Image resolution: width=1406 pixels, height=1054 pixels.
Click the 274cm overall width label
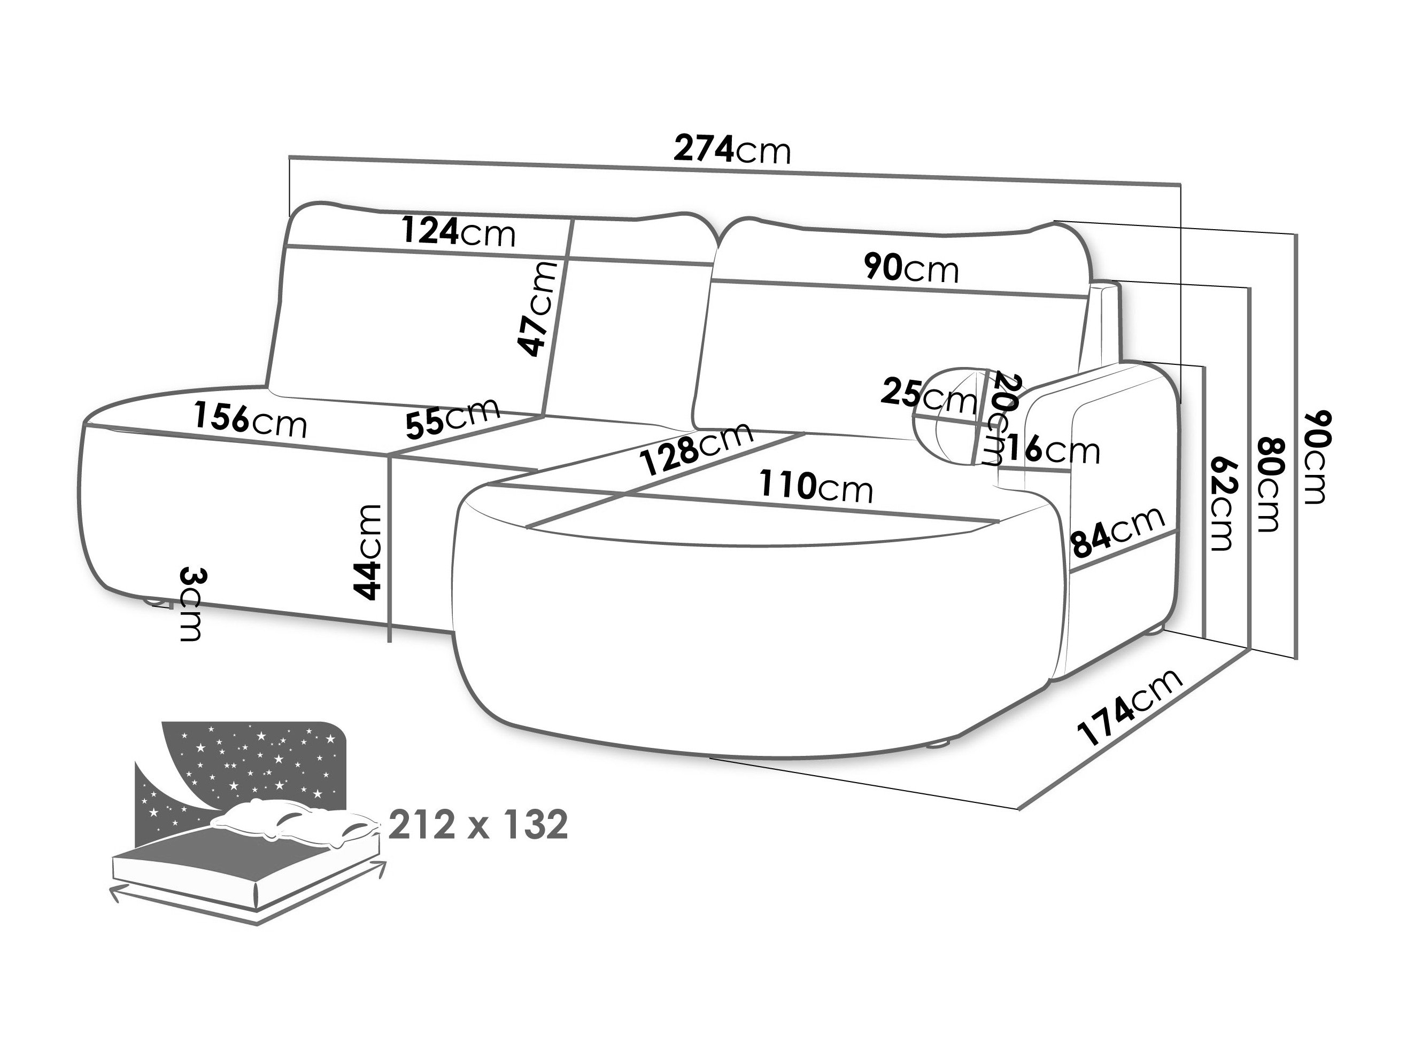tap(732, 150)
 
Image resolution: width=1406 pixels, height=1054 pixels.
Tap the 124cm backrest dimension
tap(458, 232)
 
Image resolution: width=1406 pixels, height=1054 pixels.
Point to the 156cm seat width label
tap(250, 420)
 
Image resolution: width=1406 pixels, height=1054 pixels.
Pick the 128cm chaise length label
tap(697, 448)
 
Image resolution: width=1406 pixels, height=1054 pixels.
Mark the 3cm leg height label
tap(191, 604)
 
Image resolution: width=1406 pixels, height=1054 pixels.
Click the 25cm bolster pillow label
tap(928, 395)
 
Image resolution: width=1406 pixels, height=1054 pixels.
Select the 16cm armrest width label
tap(1052, 450)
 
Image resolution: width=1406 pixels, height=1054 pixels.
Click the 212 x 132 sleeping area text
tap(478, 824)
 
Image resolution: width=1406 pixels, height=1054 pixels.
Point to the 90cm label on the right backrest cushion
tap(911, 268)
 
